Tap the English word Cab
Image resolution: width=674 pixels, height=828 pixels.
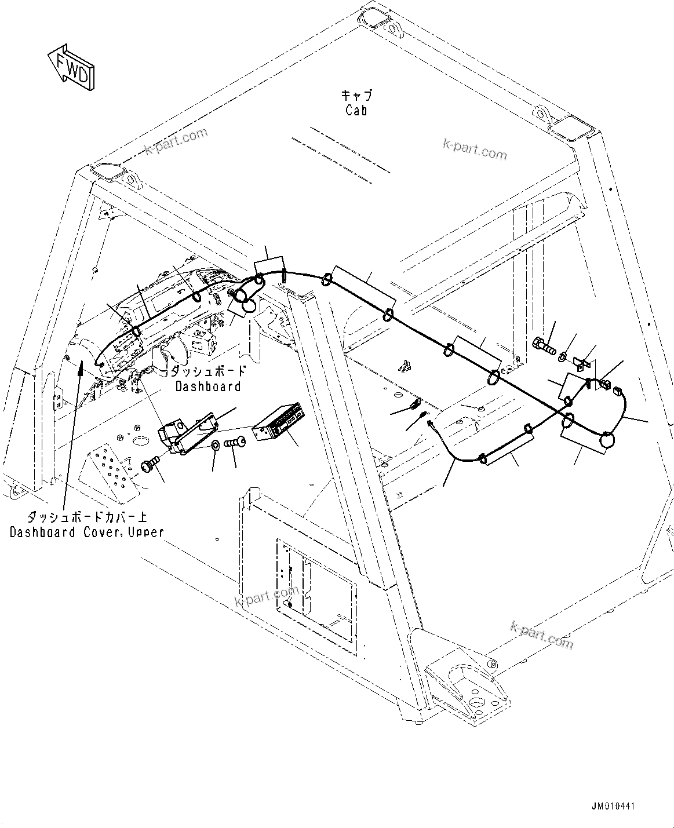tap(356, 110)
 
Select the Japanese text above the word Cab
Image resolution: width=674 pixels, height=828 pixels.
tap(356, 96)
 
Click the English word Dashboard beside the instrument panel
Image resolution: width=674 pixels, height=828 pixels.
tap(208, 386)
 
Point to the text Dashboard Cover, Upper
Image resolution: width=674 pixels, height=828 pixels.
tap(87, 532)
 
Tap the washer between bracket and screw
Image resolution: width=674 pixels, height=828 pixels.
tap(216, 445)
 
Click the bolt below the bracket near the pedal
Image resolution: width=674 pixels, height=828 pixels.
tap(150, 464)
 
